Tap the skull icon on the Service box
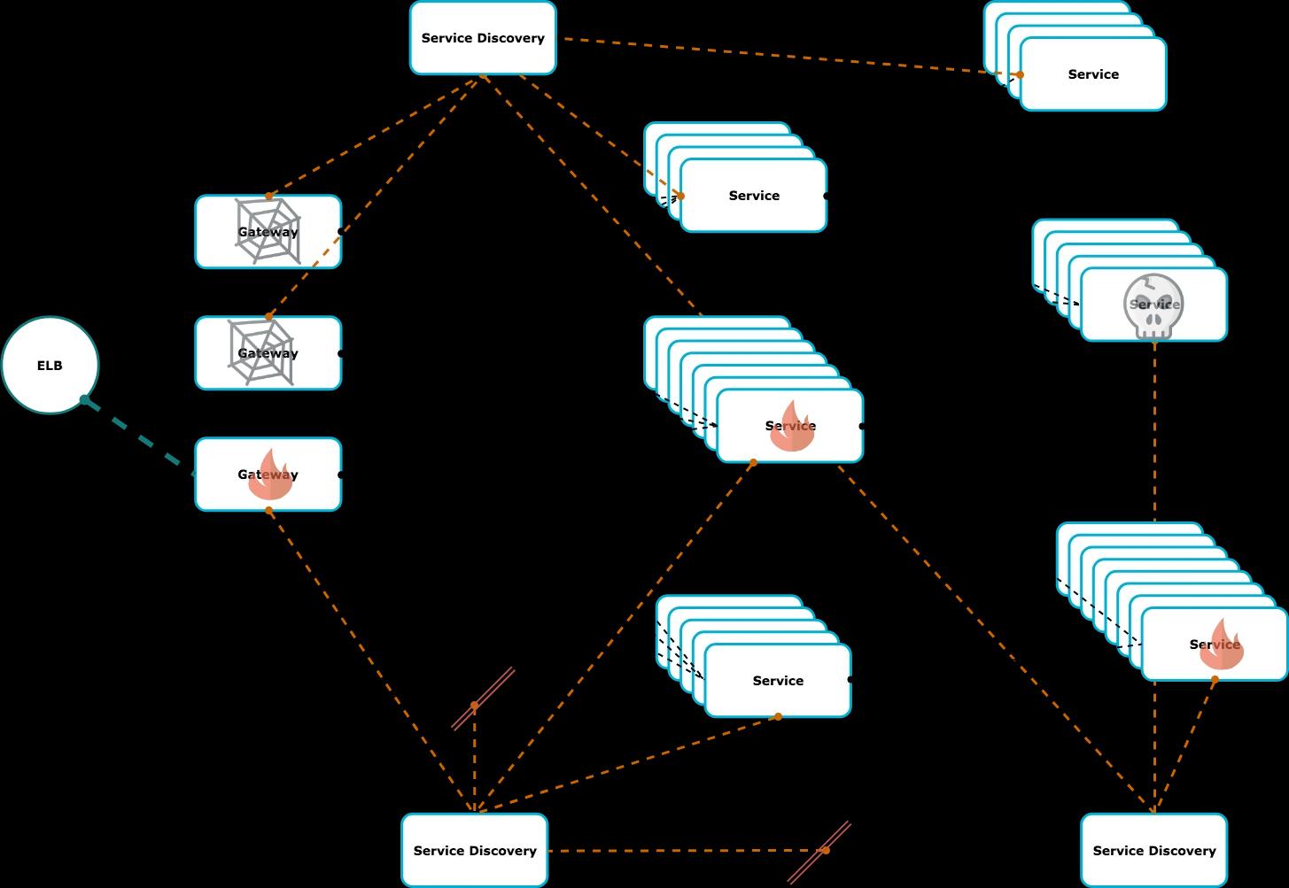click(x=1153, y=306)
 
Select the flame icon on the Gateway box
click(x=269, y=475)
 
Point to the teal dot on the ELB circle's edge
click(x=85, y=400)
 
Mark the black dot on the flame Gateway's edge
click(x=341, y=475)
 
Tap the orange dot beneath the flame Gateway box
click(x=269, y=511)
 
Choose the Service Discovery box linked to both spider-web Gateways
click(x=483, y=38)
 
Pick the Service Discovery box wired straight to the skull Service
click(x=1153, y=850)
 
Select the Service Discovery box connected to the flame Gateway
click(x=475, y=850)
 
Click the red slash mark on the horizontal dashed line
click(x=820, y=852)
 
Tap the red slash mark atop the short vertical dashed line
click(x=483, y=699)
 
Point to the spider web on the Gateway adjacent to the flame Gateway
click(x=260, y=353)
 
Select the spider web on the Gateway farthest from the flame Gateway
click(x=268, y=231)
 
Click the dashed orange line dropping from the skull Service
click(x=1154, y=425)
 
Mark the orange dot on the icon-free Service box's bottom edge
click(x=778, y=716)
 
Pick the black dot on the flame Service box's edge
click(x=862, y=426)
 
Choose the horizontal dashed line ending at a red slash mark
click(x=682, y=851)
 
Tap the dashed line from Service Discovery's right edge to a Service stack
click(x=788, y=56)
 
